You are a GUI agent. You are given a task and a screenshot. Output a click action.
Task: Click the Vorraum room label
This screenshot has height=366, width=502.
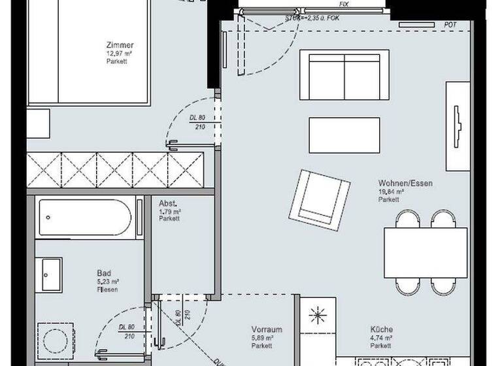pos(267,329)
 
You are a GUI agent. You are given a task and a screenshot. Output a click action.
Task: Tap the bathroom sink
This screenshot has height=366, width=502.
pos(51,275)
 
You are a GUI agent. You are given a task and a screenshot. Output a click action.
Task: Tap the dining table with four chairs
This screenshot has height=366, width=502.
pos(425,252)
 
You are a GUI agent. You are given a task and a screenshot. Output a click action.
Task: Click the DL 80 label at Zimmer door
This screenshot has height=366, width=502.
pos(197,118)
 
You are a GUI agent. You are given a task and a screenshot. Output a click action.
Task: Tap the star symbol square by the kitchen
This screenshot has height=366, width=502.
pos(318,317)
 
